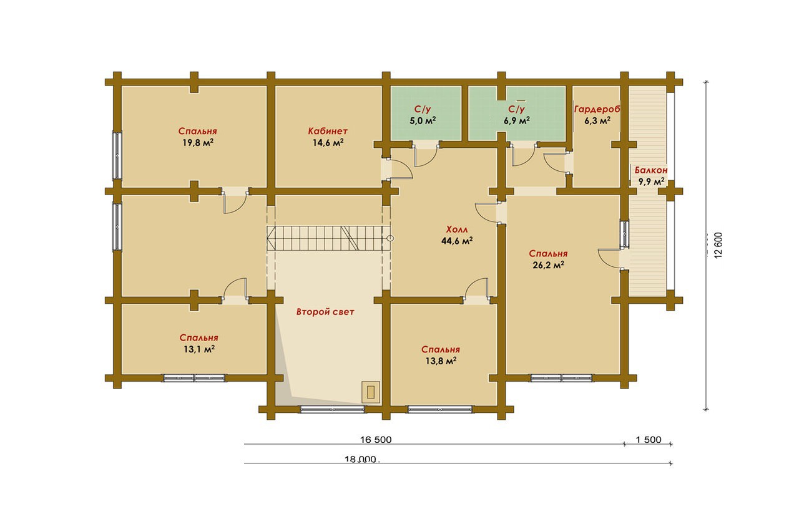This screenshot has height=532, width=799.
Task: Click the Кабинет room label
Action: point(328,131)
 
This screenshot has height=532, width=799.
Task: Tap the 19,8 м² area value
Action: point(198,143)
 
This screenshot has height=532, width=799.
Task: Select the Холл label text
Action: point(456,229)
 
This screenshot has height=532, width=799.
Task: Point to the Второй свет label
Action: point(325,312)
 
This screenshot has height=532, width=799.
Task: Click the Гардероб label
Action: point(597,109)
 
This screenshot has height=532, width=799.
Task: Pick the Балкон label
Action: point(651,170)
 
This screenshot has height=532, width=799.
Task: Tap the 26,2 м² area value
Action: point(548,265)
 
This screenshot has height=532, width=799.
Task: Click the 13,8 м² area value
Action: point(441,361)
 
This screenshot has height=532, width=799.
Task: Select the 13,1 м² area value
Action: point(199,349)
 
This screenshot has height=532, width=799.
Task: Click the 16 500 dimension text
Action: point(376,440)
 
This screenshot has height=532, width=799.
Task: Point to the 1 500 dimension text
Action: point(649,440)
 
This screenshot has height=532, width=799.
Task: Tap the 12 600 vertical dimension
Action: point(718,245)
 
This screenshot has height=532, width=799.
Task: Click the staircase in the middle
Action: point(328,238)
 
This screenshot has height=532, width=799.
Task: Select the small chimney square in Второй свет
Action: point(371,392)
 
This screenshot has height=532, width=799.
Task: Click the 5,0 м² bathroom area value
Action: point(423,120)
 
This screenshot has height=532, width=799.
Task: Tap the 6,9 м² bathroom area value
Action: point(516,120)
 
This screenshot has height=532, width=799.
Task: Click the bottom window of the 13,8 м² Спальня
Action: point(441,409)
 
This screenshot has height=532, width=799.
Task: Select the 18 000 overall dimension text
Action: point(361,459)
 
